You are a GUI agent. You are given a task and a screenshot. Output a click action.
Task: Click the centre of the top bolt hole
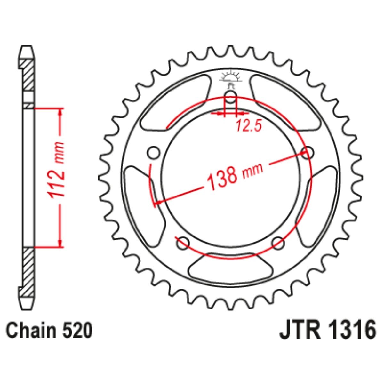pyautogui.click(x=230, y=97)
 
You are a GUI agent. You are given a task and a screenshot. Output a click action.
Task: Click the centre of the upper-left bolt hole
pyautogui.click(x=154, y=153)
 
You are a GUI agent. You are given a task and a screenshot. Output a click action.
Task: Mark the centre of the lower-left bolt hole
pyautogui.click(x=183, y=243)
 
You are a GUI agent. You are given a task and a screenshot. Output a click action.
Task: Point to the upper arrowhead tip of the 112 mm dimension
pyautogui.click(x=60, y=109)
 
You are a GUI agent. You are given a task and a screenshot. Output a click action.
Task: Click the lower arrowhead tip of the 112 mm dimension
pyautogui.click(x=60, y=247)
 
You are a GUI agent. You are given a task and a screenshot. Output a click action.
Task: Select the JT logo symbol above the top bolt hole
pyautogui.click(x=231, y=79)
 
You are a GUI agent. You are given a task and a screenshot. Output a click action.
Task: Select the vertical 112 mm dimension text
pyautogui.click(x=56, y=173)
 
